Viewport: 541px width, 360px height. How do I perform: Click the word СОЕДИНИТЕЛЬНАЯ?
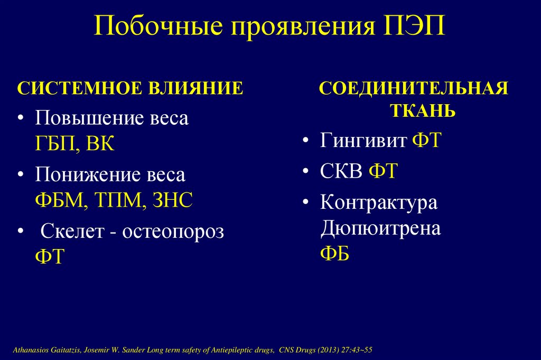[413, 88]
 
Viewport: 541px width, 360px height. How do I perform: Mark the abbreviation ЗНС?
[172, 200]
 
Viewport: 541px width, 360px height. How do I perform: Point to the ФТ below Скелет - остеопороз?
[49, 257]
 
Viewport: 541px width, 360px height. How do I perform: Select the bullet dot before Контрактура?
[306, 204]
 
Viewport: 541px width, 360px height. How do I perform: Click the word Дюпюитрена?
[380, 229]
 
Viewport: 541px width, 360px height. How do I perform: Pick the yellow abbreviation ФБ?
[334, 254]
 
